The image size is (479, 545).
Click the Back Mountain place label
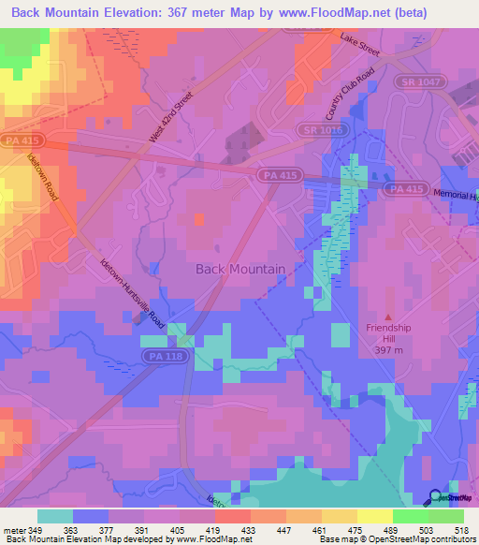(239, 269)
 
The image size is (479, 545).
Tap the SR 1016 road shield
(318, 129)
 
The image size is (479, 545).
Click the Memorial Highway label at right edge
(457, 195)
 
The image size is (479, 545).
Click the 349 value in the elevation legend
(36, 531)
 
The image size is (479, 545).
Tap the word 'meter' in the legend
(13, 531)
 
